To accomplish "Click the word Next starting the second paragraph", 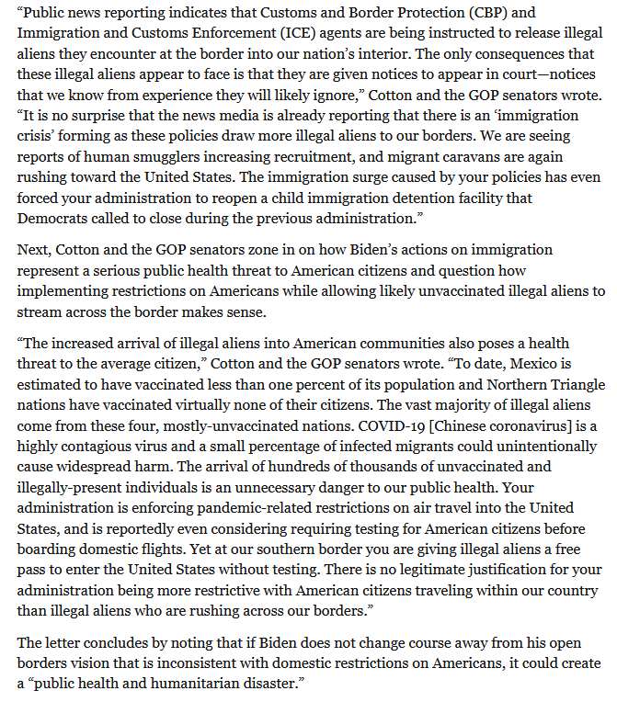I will click(34, 250).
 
